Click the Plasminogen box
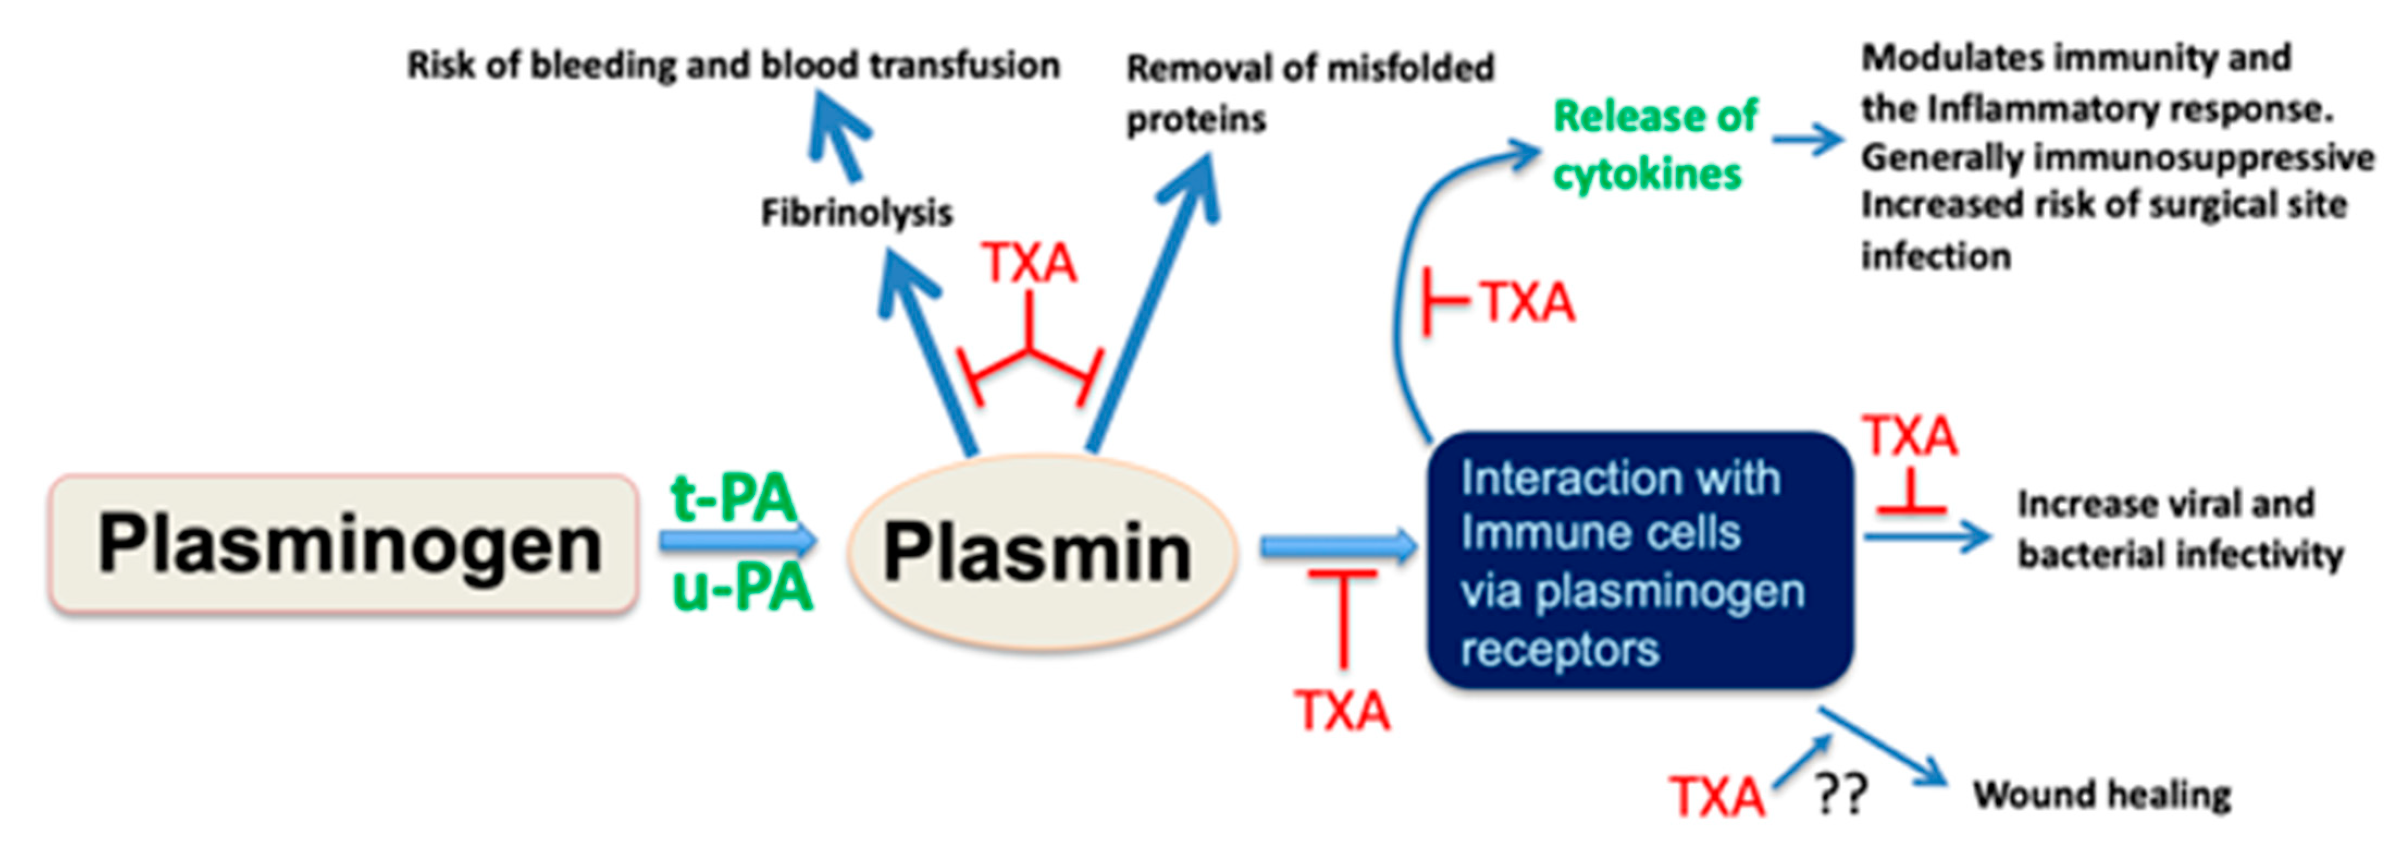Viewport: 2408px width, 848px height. pyautogui.click(x=344, y=544)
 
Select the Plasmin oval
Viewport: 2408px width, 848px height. pyautogui.click(x=1042, y=552)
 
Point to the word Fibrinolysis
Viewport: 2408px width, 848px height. pyautogui.click(x=857, y=212)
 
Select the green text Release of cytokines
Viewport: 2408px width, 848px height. pyautogui.click(x=1655, y=145)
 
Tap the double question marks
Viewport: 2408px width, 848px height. pyautogui.click(x=1841, y=795)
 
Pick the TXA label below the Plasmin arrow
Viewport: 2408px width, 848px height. pyautogui.click(x=1342, y=710)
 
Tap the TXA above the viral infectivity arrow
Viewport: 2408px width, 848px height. pyautogui.click(x=1910, y=436)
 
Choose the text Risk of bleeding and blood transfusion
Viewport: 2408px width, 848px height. pyautogui.click(x=734, y=65)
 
